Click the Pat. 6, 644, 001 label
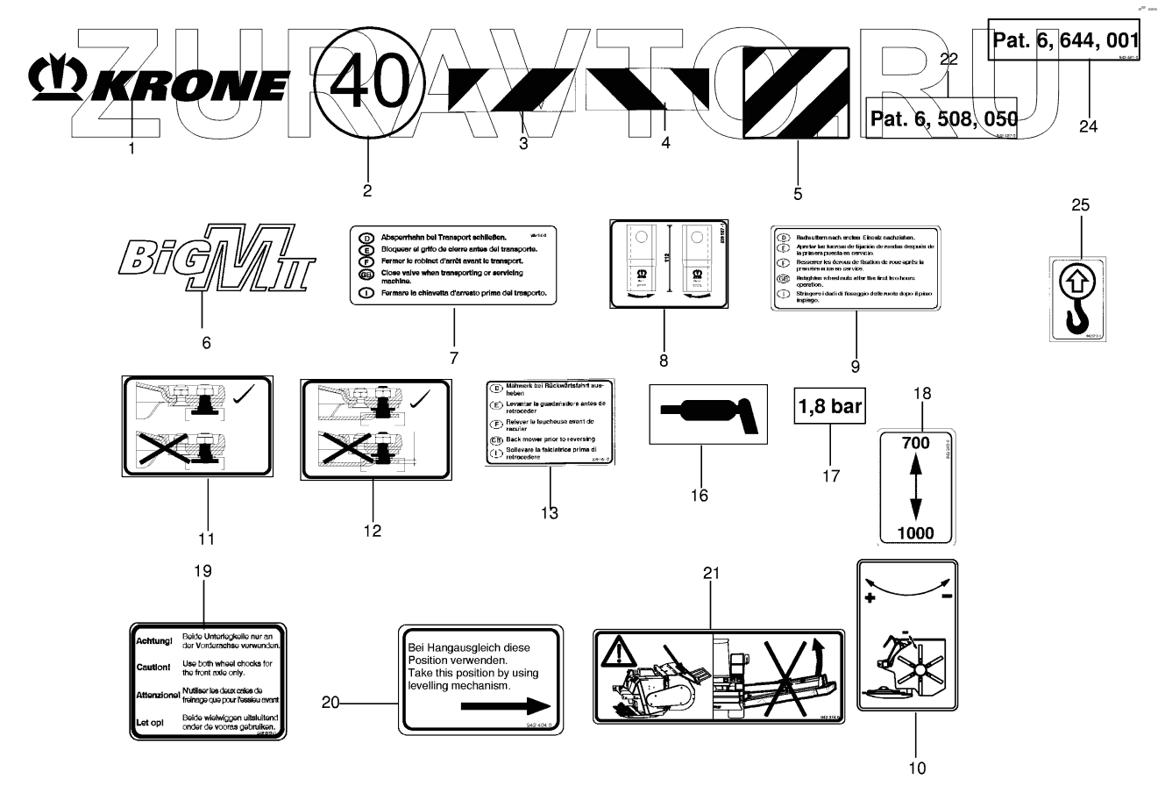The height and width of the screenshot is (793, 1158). click(x=1065, y=39)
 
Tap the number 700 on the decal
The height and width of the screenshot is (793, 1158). click(x=914, y=443)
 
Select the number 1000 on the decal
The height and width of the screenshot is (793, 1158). click(x=915, y=532)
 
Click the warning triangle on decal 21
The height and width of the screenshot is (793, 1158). click(x=618, y=652)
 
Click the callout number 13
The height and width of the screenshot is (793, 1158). click(x=550, y=512)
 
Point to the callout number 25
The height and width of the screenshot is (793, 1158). click(x=1080, y=205)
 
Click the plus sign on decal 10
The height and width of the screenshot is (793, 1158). click(x=870, y=598)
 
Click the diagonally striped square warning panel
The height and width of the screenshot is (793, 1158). click(x=796, y=92)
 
